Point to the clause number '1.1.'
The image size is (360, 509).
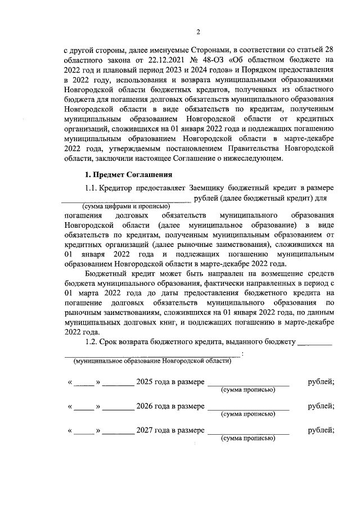pyautogui.click(x=91, y=187)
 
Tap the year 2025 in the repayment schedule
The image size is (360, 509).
pyautogui.click(x=145, y=382)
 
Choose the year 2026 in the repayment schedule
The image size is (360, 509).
pyautogui.click(x=145, y=406)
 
